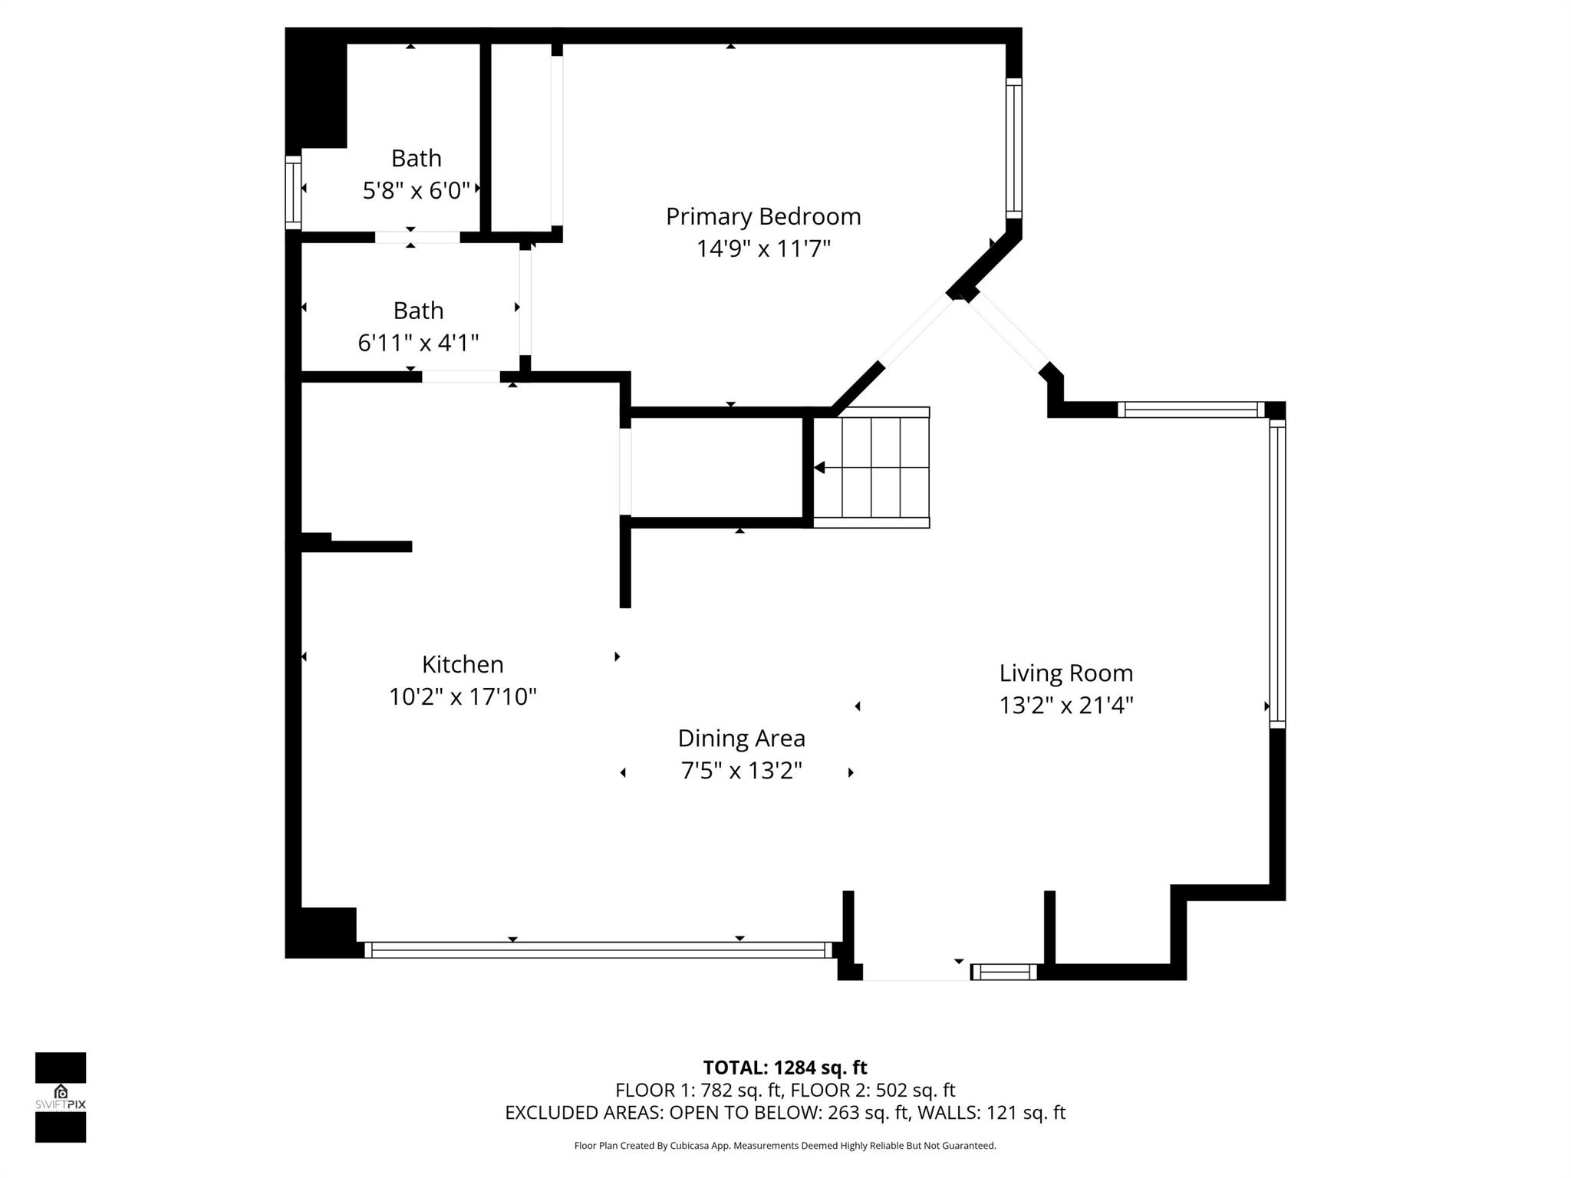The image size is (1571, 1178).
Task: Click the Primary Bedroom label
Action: point(762,216)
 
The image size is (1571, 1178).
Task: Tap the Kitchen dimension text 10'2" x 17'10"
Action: point(463,696)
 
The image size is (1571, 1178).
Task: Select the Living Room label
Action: point(1065,673)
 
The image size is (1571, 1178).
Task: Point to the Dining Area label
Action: point(741,738)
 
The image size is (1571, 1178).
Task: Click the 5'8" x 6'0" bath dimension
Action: point(416,190)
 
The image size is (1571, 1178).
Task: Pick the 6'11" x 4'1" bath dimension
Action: point(418,342)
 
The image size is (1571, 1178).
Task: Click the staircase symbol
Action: point(871,467)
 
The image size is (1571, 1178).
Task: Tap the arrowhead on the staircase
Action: point(819,467)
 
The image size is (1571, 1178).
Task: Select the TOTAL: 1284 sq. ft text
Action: point(785,1068)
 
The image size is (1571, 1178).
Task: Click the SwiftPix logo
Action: point(61,1097)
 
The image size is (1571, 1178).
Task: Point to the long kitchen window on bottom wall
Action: point(598,949)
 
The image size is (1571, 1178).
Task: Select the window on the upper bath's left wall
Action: point(293,192)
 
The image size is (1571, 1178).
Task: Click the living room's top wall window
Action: point(1191,410)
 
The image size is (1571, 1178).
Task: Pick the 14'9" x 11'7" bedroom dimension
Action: point(762,248)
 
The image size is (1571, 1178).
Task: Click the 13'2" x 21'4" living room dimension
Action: point(1065,705)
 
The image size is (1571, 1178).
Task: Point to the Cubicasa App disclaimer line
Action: point(785,1146)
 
